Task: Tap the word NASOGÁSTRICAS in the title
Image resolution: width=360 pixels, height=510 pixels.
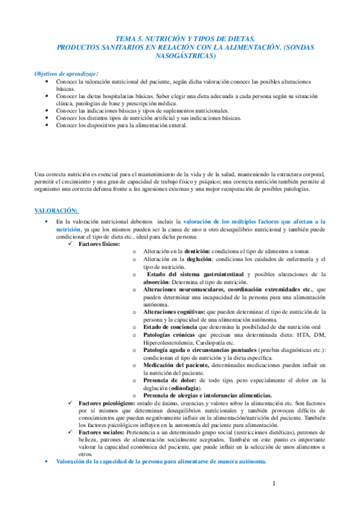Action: point(180,55)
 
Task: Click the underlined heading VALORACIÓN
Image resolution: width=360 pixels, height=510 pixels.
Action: point(56,210)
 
